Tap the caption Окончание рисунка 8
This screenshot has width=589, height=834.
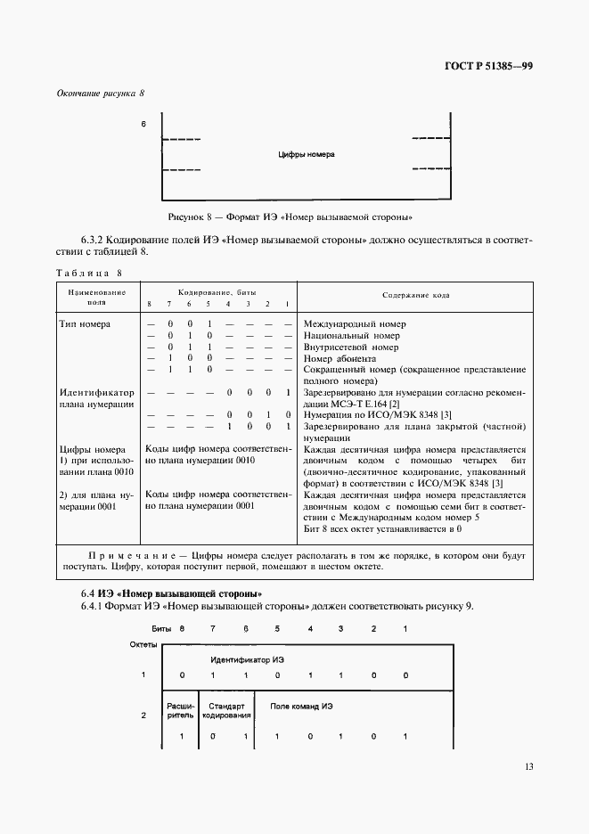[x=100, y=94]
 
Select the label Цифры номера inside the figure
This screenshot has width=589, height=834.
[x=306, y=154]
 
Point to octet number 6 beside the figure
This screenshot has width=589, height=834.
[x=143, y=125]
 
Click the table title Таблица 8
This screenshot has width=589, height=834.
[x=87, y=273]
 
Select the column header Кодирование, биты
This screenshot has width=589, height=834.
[x=219, y=291]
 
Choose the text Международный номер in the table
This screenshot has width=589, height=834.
[x=354, y=323]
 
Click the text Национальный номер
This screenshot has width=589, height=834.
[x=352, y=336]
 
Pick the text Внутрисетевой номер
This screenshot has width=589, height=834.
[x=351, y=347]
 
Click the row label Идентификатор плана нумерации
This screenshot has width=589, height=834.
[x=96, y=397]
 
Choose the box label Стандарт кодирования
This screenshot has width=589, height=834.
[x=226, y=710]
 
